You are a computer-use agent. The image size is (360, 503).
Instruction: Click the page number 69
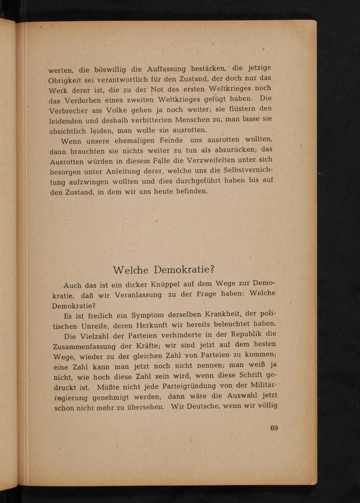pos(274,428)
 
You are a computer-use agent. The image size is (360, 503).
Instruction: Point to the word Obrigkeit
pos(65,80)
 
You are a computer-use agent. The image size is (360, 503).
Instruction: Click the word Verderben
pos(84,101)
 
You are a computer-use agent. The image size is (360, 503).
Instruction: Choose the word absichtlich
pos(68,131)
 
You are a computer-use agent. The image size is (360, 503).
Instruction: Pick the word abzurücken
pos(235,150)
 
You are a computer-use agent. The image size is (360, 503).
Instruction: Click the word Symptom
pos(147,315)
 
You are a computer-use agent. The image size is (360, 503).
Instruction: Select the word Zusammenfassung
pos(84,347)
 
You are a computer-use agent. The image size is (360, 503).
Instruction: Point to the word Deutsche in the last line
pos(203,406)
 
